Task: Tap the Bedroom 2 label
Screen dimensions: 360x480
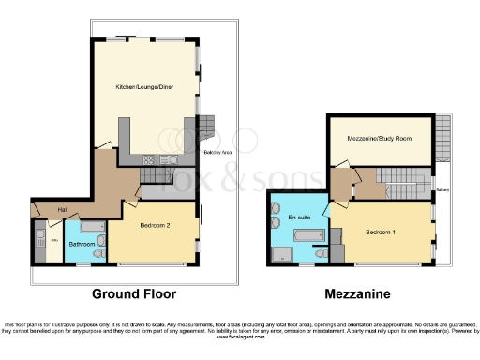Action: [x=153, y=226]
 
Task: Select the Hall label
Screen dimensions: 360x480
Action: [x=63, y=209]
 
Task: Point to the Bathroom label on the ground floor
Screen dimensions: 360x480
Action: [x=82, y=245]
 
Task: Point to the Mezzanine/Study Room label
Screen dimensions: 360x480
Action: [x=379, y=139]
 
